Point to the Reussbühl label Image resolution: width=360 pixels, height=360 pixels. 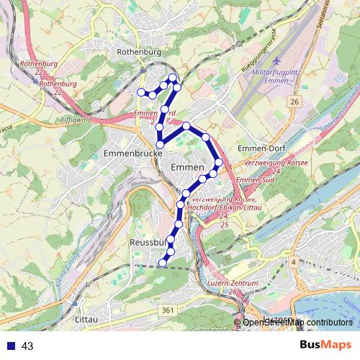[x=148, y=243]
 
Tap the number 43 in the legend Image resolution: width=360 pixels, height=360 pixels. [x=28, y=346]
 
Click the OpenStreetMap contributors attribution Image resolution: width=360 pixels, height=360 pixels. [x=297, y=322]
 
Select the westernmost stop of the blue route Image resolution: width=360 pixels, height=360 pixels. [x=141, y=92]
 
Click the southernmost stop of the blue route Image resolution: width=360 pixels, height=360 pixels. [x=162, y=264]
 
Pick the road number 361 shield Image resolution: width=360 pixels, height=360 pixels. [x=167, y=310]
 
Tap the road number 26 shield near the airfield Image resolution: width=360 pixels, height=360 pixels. [x=294, y=102]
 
